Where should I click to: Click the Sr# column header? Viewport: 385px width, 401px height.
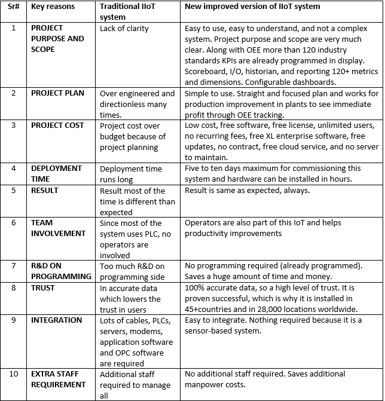13,7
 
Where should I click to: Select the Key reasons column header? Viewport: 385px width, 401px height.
54,7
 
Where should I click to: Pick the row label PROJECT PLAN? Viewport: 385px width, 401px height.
57,93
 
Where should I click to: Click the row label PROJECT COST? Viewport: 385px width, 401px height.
57,125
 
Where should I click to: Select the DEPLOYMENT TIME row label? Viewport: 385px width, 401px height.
57,173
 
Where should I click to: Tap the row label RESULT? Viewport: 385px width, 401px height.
45,191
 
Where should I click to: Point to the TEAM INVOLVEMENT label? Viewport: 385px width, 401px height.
58,228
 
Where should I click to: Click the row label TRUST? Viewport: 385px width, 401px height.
43,287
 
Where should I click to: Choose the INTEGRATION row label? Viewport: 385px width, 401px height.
57,320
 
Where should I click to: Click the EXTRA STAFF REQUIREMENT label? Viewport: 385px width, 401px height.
58,379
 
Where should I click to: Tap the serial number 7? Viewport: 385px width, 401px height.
13,266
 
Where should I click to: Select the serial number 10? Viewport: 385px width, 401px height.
14,374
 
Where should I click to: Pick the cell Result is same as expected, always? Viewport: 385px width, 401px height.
247,191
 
